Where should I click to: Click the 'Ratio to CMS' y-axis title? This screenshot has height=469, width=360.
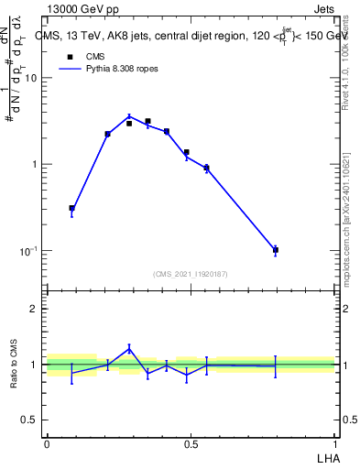(14, 365)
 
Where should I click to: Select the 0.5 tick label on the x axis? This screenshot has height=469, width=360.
(191, 444)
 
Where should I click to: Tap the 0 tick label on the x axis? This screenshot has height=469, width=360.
(46, 444)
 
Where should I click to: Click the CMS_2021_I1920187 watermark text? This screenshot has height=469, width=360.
(191, 274)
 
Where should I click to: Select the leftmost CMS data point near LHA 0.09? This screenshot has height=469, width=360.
(71, 209)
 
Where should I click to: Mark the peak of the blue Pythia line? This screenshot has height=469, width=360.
(129, 116)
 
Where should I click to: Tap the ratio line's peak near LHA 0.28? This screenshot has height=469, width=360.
(129, 348)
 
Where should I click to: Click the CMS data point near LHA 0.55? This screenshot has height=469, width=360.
(206, 169)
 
